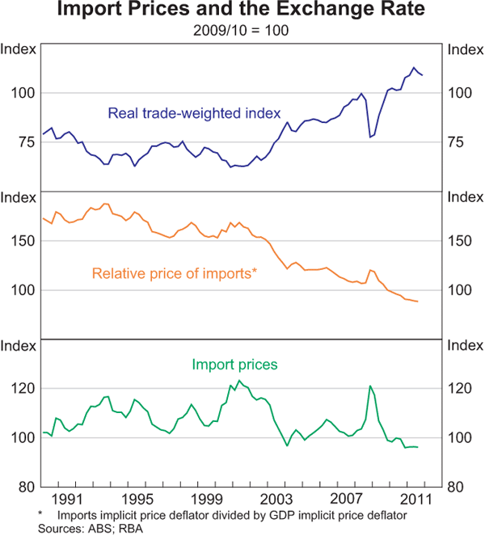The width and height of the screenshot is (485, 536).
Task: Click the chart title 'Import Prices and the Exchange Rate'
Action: pos(242,12)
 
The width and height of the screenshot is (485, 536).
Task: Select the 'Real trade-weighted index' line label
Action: pos(194,112)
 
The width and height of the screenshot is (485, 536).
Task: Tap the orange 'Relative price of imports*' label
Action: pos(175,273)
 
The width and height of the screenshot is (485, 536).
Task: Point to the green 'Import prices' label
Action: pos(234,365)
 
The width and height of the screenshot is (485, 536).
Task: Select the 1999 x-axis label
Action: pos(207,498)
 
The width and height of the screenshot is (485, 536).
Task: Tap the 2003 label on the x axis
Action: pos(277,498)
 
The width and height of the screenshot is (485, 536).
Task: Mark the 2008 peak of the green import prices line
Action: pos(369,386)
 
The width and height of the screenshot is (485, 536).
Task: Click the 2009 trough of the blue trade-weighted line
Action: pos(370,137)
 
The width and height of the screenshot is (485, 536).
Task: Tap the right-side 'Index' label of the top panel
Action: pos(465,49)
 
